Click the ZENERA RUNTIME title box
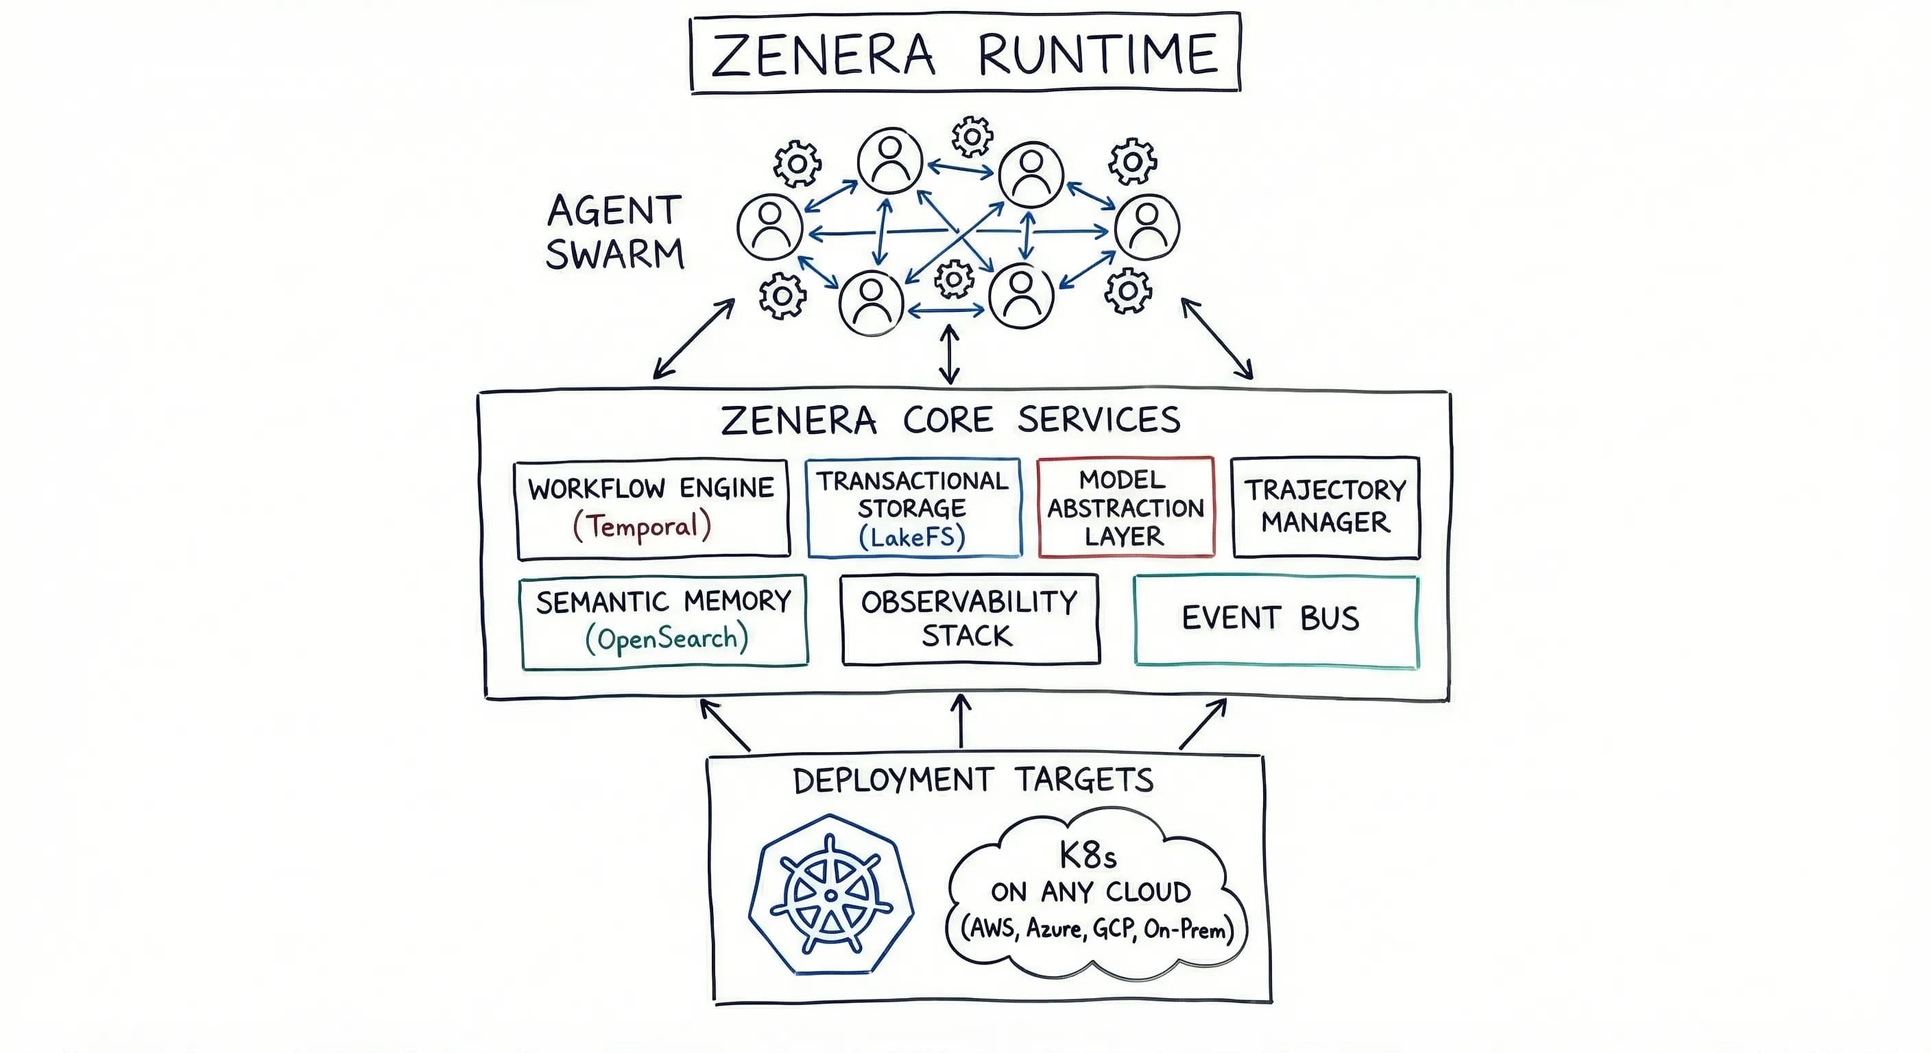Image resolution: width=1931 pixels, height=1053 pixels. pos(965,53)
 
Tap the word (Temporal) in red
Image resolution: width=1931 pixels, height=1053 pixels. pos(642,526)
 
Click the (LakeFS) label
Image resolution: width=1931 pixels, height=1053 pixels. pos(912,537)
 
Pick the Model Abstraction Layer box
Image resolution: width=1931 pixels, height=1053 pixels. pos(1125,507)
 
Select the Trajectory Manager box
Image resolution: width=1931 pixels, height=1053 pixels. pos(1326,507)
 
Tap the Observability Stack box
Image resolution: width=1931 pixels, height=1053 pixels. pos(970,619)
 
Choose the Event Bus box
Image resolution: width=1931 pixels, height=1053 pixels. pos(1276,620)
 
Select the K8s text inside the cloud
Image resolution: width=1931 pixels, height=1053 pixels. pos(1088,854)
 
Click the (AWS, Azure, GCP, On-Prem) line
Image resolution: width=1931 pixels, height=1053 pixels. pos(1096,930)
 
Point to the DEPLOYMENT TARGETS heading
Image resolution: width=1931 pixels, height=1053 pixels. pos(973,781)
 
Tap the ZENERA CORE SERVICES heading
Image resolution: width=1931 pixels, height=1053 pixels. pos(950,420)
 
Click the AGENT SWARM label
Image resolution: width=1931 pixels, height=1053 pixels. pos(614,232)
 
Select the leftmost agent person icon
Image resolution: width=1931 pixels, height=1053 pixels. pos(770,227)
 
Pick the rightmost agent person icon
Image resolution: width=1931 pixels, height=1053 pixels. pos(1147,227)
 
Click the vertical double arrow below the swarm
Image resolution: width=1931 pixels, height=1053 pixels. pos(950,354)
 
